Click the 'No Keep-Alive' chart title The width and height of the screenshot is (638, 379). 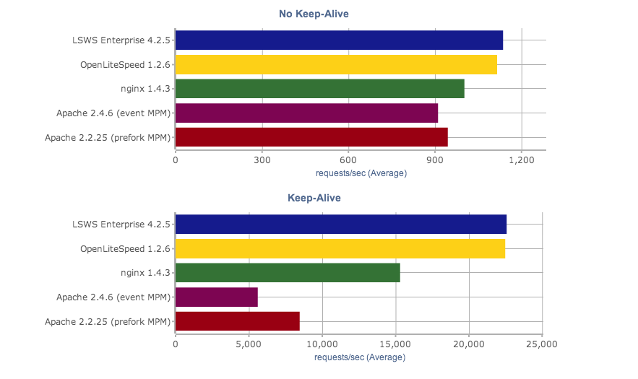tap(319, 14)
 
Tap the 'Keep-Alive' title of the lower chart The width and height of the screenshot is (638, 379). tap(314, 198)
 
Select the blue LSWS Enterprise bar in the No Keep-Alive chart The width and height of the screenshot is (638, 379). tap(339, 40)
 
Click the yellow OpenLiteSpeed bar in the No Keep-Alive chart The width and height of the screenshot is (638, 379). tap(336, 65)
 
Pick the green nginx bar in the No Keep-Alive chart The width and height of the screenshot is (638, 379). tap(319, 89)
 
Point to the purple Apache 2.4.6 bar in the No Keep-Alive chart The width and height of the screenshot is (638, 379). tap(306, 113)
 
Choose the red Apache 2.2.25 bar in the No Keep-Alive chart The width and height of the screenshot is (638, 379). tap(311, 137)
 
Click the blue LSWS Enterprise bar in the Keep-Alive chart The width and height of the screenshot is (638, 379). tap(341, 225)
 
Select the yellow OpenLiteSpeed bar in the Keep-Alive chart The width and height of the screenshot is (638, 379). tap(340, 248)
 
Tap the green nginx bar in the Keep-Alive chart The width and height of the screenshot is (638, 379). tap(288, 273)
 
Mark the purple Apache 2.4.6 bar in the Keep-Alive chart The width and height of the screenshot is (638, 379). tap(217, 297)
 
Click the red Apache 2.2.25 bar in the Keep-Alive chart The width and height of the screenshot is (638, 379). tap(238, 321)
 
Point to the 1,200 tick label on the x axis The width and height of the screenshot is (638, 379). tap(522, 160)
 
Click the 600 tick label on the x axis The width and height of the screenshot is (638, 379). tap(349, 160)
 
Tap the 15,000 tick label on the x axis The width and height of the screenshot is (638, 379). tap(395, 344)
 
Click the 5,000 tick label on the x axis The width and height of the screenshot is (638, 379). tap(249, 344)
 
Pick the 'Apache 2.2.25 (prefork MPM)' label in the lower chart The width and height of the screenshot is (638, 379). tap(108, 321)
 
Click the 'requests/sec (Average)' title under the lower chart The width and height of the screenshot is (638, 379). tap(361, 357)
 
